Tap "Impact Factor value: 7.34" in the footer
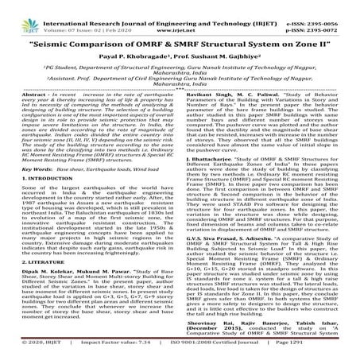click(x=117, y=350)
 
